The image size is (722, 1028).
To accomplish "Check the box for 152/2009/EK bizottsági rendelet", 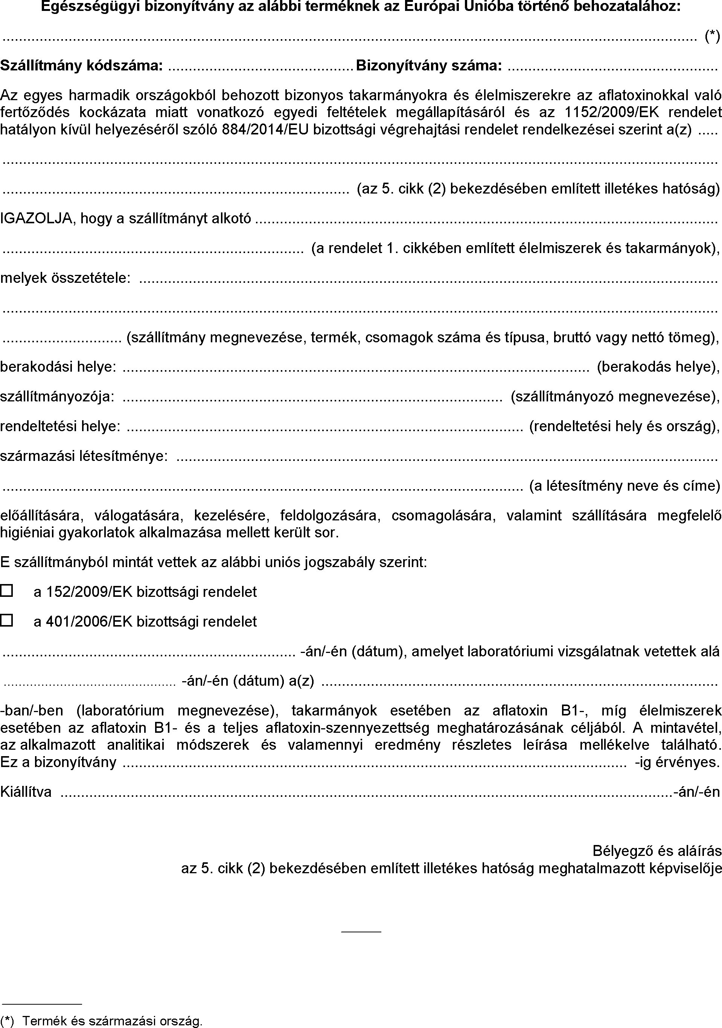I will [x=6, y=591].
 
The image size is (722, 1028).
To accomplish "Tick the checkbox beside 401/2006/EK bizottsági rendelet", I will [x=6, y=621].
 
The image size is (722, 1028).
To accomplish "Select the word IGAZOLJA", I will [x=37, y=218].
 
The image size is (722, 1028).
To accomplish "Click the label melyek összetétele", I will [x=65, y=278].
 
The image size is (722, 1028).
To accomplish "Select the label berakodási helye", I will [x=58, y=367].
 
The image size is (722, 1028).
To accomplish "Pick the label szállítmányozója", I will [x=57, y=397].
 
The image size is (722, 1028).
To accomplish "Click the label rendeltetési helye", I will [x=60, y=426].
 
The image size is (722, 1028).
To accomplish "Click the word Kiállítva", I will [x=26, y=792].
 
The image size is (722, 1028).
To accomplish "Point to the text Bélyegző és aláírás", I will [x=657, y=851].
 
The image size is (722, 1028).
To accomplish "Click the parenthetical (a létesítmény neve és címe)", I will [x=625, y=486].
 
